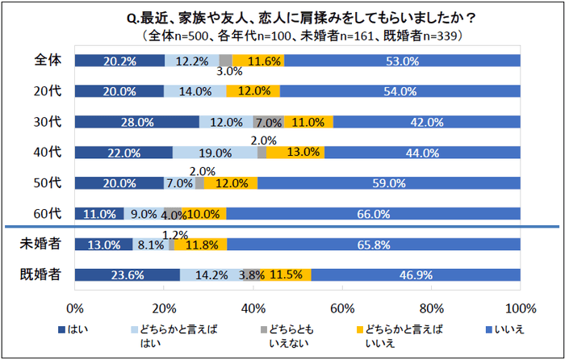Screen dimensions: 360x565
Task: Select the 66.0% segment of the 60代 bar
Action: (374, 214)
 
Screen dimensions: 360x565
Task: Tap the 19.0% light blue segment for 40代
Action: (215, 153)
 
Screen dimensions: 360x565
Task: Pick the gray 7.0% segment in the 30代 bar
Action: (268, 122)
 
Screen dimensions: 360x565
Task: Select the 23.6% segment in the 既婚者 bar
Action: (127, 275)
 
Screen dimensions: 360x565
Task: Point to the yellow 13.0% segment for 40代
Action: (295, 153)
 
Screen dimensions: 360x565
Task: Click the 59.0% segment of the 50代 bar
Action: (389, 183)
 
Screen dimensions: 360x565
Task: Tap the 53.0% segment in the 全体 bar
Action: (402, 61)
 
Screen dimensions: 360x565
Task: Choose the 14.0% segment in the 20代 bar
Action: (195, 91)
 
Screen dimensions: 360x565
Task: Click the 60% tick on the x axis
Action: (342, 308)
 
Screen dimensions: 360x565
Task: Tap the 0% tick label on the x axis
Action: (75, 308)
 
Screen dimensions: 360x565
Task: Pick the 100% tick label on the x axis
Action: (521, 308)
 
